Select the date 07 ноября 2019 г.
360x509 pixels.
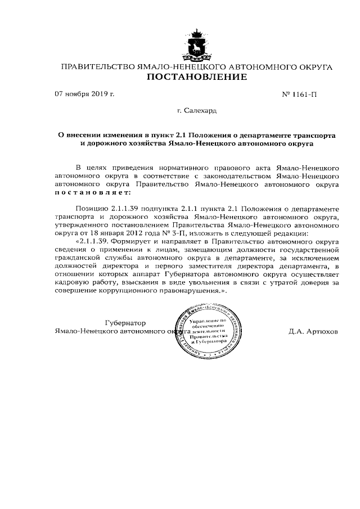coord(84,94)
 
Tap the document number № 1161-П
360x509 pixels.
coord(297,94)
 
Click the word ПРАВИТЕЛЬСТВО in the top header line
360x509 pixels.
coord(98,67)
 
